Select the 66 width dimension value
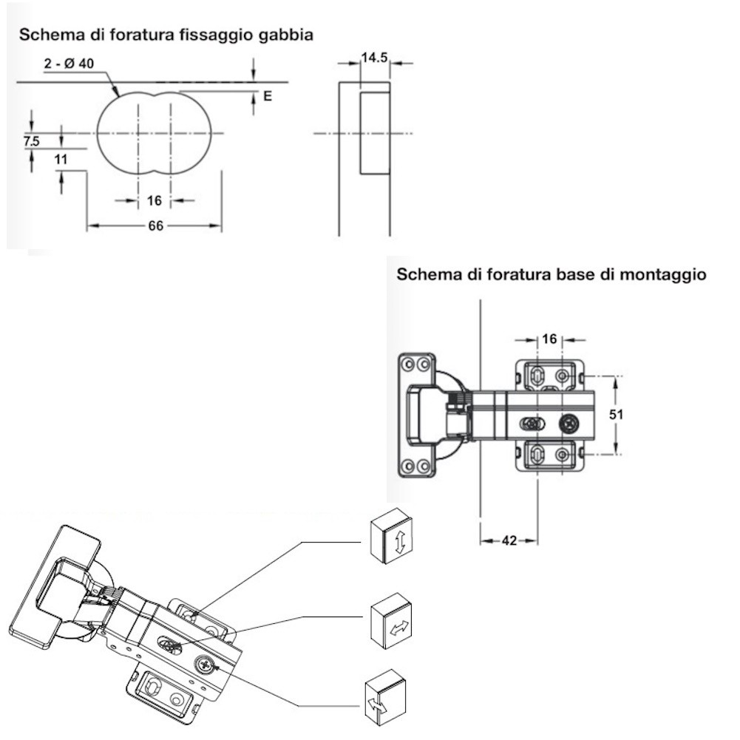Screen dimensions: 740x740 click(x=155, y=226)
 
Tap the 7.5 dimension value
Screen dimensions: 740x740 click(x=31, y=140)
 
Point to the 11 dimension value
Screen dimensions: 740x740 click(x=61, y=159)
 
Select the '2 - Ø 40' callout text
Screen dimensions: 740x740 click(x=69, y=64)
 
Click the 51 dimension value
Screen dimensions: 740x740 click(x=616, y=415)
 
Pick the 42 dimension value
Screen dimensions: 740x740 click(x=509, y=540)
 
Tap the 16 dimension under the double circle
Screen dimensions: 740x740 click(x=155, y=200)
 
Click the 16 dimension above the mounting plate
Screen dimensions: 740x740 click(x=549, y=339)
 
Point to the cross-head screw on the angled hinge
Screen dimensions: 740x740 click(x=206, y=665)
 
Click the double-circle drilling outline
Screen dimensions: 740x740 click(x=155, y=133)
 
